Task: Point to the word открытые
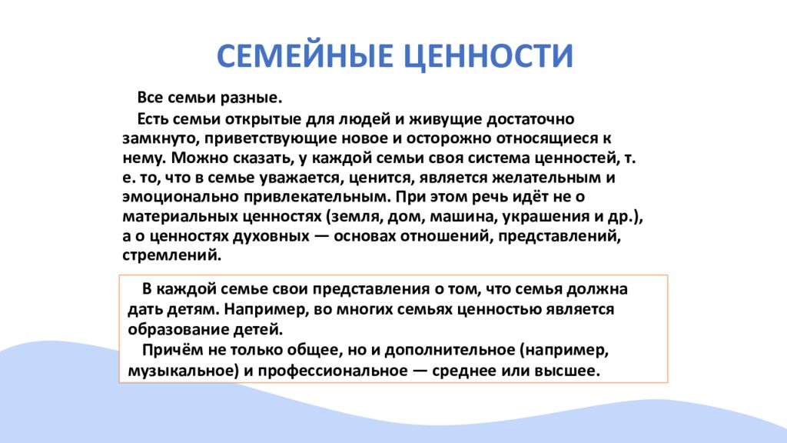247,119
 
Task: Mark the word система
515,158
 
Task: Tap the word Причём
169,350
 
